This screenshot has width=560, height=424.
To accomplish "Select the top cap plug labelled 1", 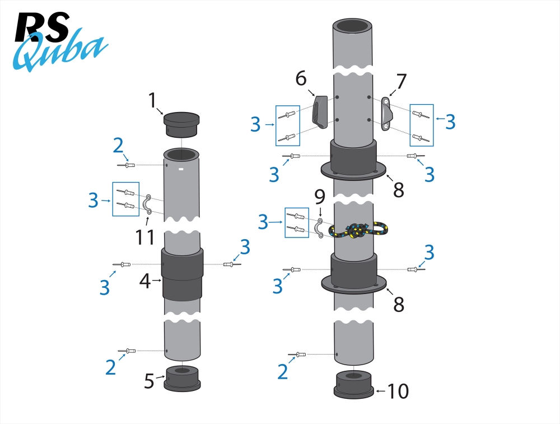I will tap(181, 124).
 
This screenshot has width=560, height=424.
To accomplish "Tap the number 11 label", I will tap(145, 237).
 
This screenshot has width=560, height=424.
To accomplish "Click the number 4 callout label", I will tap(145, 281).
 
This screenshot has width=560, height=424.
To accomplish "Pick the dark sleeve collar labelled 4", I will tap(181, 274).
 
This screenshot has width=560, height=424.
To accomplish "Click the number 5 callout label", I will tap(149, 381).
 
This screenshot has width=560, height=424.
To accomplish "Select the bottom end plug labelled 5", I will tap(181, 378).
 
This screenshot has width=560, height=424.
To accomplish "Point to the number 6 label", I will tap(301, 78).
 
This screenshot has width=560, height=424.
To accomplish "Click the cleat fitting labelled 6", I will tap(320, 112).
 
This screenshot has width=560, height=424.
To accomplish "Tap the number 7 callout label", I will tap(401, 82).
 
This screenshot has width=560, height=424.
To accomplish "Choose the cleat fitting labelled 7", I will tap(386, 114).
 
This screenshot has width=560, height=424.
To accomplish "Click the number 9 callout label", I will tap(320, 197).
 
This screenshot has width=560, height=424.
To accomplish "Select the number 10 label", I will tap(398, 392).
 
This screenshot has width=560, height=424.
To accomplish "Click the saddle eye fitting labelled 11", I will tap(148, 205).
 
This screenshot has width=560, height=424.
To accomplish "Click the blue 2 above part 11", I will tap(118, 146).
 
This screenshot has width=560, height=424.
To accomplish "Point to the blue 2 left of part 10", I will tap(283, 371).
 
